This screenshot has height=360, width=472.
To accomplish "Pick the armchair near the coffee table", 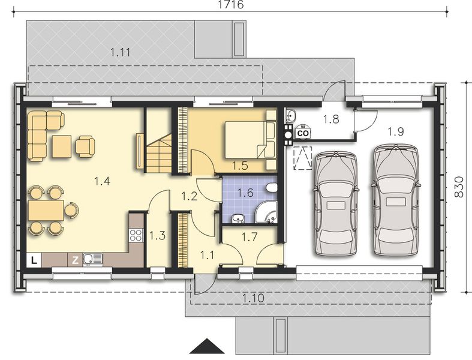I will tap(85, 145).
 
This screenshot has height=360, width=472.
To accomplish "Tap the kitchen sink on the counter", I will tap(93, 259).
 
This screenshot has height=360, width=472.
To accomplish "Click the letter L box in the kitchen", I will tap(35, 259).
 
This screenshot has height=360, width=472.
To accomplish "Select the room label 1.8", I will tap(331, 119).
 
